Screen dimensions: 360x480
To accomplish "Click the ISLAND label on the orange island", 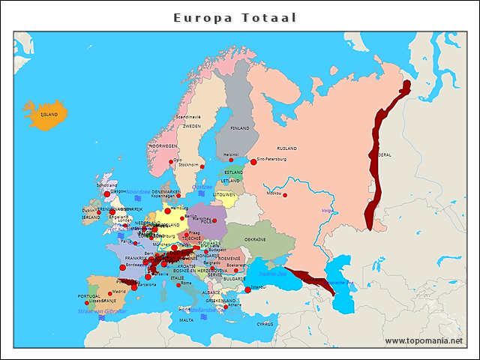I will pyautogui.click(x=49, y=115).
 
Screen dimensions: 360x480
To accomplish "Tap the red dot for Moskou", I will pyautogui.click(x=285, y=195).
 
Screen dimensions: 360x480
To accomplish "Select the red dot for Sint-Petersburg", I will pyautogui.click(x=253, y=162).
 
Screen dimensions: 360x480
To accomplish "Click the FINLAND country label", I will pyautogui.click(x=239, y=128).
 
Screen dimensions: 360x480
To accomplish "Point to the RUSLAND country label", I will pyautogui.click(x=287, y=148).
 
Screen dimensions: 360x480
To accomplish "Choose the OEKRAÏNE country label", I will pyautogui.click(x=277, y=239).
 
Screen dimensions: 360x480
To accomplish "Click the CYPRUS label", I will pyautogui.click(x=265, y=325).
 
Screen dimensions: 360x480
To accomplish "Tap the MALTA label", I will pyautogui.click(x=186, y=320).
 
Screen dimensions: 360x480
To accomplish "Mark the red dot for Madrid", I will pyautogui.click(x=109, y=293).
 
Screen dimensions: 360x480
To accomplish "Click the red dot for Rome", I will pyautogui.click(x=178, y=285).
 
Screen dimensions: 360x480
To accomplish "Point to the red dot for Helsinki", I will pyautogui.click(x=231, y=160).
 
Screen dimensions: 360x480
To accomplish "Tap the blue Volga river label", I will pyautogui.click(x=327, y=211).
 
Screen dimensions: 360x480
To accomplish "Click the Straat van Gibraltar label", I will pyautogui.click(x=103, y=310).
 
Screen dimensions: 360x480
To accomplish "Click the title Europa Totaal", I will pyautogui.click(x=235, y=17).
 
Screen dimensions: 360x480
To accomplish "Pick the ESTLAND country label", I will pyautogui.click(x=233, y=172).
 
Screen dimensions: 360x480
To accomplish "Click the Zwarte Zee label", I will pyautogui.click(x=272, y=274).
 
